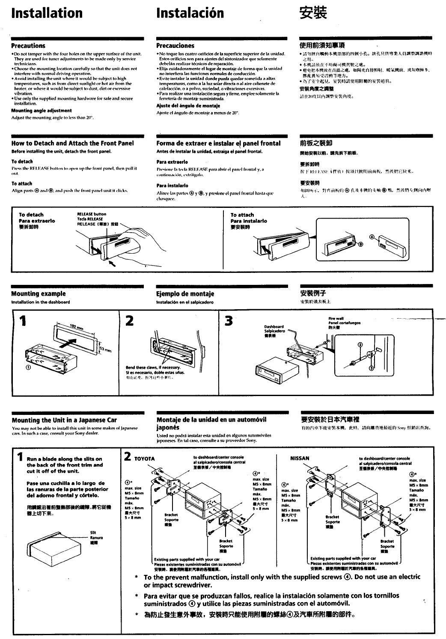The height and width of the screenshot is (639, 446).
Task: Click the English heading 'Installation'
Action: (x=47, y=13)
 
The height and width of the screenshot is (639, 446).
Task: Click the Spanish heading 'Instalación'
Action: (x=190, y=13)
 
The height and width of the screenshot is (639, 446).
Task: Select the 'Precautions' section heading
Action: (x=28, y=46)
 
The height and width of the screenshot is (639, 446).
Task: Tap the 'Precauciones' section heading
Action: (x=175, y=46)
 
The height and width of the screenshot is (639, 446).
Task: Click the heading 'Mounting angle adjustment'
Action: (x=42, y=110)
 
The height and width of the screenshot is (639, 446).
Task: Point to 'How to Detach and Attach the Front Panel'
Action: (x=72, y=143)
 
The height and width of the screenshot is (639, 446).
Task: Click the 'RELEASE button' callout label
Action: (x=92, y=214)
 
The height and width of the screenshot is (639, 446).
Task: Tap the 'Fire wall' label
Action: (x=336, y=319)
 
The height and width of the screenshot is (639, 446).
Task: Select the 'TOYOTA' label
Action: (x=144, y=459)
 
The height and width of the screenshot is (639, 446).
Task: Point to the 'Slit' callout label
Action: (x=93, y=532)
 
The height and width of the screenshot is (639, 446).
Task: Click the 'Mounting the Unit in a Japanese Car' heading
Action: (x=64, y=420)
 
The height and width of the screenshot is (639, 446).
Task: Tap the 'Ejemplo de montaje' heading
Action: (x=185, y=294)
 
